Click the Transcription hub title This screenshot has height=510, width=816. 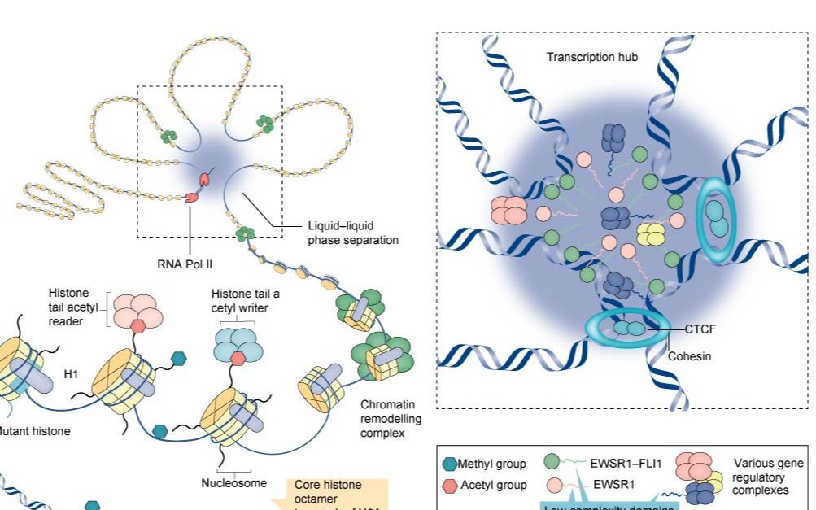click(591, 57)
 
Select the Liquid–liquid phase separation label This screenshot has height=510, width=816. click(352, 233)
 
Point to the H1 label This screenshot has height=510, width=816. click(71, 375)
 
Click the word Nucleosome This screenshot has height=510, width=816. click(233, 482)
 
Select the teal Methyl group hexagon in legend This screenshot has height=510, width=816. click(449, 464)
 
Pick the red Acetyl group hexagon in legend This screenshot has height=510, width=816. click(449, 485)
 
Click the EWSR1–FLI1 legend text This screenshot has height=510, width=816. click(627, 464)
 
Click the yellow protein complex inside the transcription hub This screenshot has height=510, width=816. click(650, 234)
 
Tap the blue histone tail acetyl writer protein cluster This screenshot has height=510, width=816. click(238, 343)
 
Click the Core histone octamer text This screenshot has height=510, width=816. click(328, 491)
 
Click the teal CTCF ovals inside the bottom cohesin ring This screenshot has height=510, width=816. click(628, 329)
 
